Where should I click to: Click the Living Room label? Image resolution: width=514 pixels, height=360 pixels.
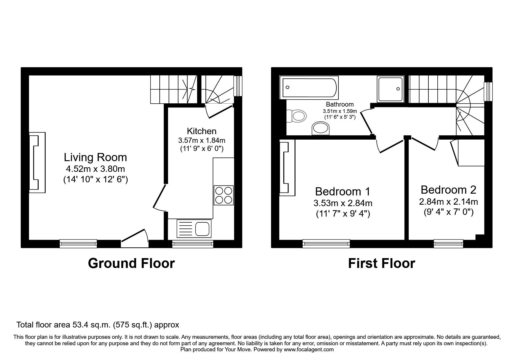95,157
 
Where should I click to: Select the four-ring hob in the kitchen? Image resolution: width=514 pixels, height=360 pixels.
223,195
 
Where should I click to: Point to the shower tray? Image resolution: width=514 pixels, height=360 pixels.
390,89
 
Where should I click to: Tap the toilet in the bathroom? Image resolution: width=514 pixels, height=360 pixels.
297,116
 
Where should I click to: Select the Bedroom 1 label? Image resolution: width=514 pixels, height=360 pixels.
342,192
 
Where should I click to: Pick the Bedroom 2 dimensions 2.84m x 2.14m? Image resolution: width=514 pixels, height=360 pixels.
448,201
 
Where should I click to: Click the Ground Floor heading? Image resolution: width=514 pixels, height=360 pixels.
131,263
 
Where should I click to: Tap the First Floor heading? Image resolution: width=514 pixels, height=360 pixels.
381,263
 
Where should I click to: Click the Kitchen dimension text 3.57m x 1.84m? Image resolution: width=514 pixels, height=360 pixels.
202,141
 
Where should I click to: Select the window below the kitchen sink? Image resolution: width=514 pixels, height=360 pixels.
193,244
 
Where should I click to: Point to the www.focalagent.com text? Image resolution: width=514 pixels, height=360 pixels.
309,350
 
